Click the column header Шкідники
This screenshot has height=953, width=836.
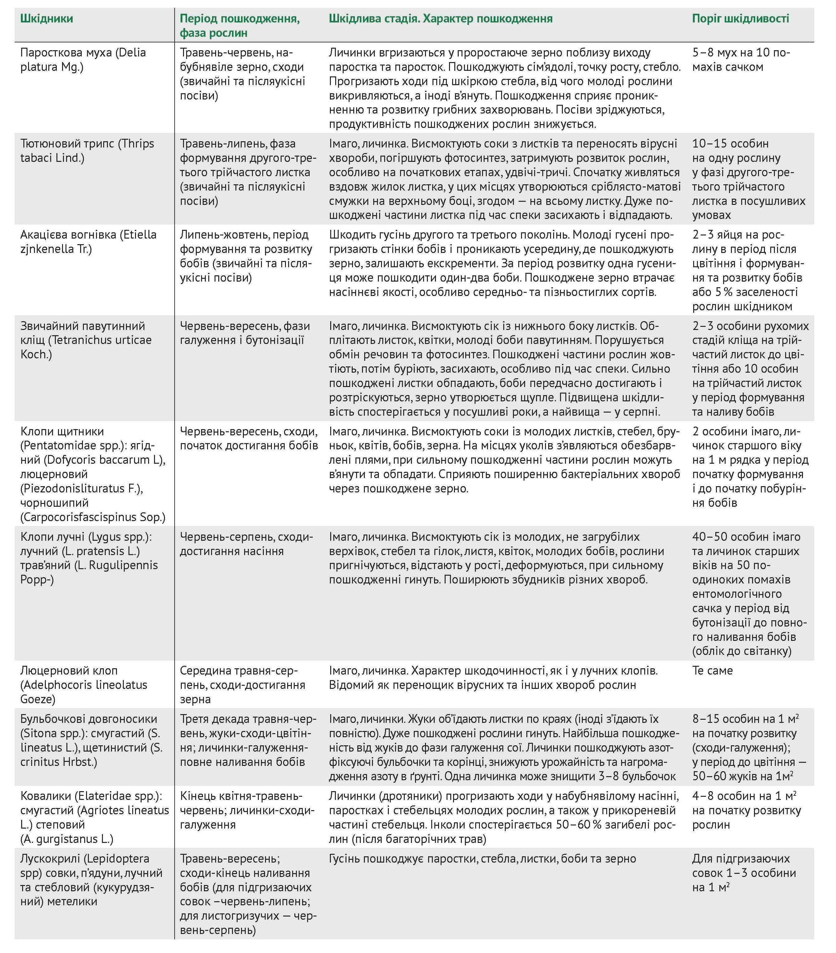[47, 19]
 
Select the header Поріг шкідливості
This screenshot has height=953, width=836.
[740, 19]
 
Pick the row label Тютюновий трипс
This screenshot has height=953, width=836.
[68, 143]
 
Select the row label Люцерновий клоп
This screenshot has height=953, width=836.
[69, 670]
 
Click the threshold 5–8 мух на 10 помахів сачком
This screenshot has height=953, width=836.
[740, 60]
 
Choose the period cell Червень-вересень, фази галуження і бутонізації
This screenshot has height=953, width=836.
[244, 333]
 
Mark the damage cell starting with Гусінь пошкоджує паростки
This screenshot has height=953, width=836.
[482, 858]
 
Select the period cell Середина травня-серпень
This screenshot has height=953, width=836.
[243, 685]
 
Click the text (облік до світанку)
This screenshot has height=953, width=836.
[741, 651]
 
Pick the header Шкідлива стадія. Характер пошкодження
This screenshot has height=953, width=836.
[440, 19]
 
